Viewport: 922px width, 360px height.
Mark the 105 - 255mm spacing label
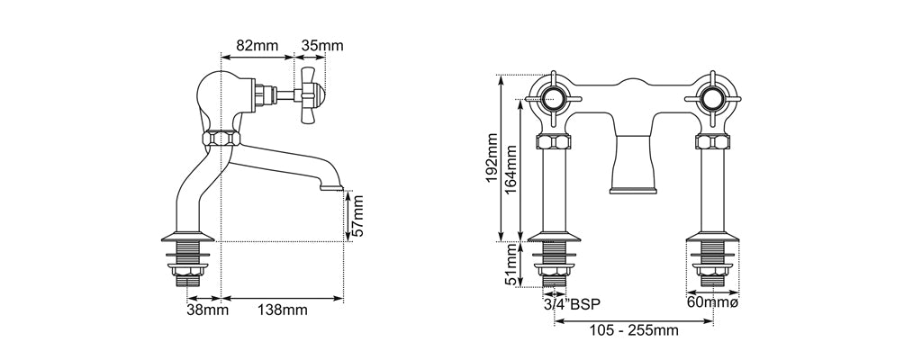[634, 331]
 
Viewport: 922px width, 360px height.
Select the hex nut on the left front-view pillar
[552, 142]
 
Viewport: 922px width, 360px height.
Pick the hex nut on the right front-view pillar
[712, 142]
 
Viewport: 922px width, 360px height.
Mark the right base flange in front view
[712, 238]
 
